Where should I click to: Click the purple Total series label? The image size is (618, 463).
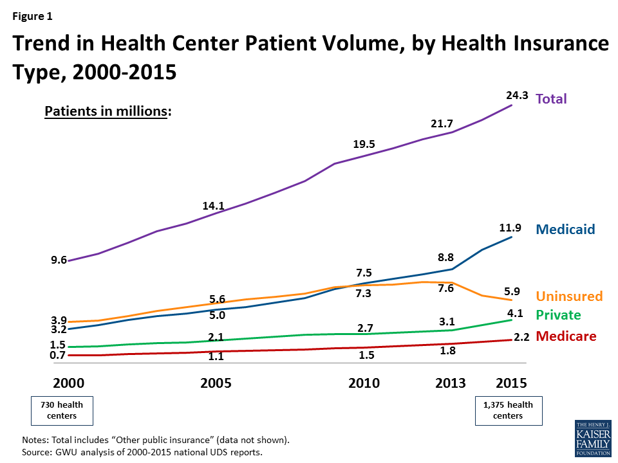coord(551,99)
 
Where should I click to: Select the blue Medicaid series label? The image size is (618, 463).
coord(565,229)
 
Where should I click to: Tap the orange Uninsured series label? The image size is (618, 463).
coord(569,296)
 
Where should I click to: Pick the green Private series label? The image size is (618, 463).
coord(558,315)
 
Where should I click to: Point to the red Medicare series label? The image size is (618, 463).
coord(565,336)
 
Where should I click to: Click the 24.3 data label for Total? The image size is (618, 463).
coord(517,96)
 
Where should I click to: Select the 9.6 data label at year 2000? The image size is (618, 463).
coord(59,260)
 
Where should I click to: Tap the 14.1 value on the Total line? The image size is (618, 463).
coord(212,206)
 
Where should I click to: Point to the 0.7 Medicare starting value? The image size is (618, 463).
coord(58,355)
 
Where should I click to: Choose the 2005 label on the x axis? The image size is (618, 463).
coord(216,383)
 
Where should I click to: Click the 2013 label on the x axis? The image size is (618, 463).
coord(450,383)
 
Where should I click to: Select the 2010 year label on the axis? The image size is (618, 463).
coord(364,383)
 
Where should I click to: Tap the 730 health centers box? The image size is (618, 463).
coord(62,410)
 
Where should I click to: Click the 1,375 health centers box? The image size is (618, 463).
coord(508,410)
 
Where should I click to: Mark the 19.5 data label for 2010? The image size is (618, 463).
coord(364,144)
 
